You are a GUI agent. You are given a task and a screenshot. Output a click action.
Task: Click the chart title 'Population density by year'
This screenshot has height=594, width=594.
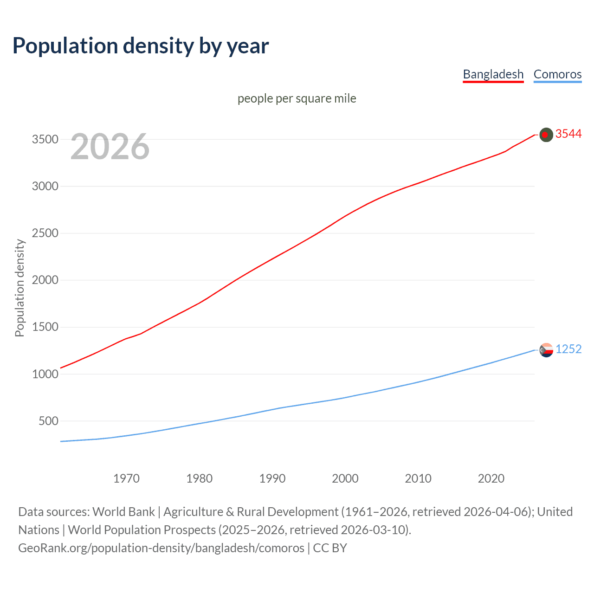pos(141,46)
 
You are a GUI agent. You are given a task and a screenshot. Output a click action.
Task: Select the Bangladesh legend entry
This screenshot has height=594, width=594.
pos(493,74)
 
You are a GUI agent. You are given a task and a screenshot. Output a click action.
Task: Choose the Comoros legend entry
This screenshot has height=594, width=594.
pos(557,74)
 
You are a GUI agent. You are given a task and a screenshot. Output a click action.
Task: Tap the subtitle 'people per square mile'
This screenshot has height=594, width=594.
pos(297,99)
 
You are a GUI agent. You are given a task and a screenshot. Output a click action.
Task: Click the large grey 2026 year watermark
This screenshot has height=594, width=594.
pos(110,147)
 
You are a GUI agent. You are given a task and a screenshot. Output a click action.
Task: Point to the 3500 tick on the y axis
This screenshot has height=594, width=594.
pos(45,140)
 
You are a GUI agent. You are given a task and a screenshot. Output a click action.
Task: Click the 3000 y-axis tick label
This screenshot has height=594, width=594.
pos(45,187)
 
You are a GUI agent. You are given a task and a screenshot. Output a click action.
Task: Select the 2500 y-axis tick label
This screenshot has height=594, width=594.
pos(45,233)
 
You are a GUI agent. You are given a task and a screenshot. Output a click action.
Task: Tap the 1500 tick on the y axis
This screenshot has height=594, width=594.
pos(45,327)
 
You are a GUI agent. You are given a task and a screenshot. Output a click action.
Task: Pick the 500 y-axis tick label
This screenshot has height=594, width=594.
pos(48,421)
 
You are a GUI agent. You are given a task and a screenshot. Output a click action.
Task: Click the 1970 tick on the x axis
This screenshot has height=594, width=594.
pos(126,478)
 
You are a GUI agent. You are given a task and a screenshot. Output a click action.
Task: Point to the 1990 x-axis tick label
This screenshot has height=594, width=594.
pos(272,478)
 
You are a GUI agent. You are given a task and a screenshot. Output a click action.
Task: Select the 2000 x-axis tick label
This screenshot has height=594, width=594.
pos(345,478)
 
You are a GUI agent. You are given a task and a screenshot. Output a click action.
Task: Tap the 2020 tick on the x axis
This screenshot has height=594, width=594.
pos(491,478)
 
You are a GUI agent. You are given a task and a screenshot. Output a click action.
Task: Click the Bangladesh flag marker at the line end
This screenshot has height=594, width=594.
pos(546,135)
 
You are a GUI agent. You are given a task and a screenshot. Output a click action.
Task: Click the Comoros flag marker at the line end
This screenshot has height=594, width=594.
pos(546,350)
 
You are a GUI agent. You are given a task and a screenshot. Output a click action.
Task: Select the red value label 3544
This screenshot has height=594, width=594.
pos(568,134)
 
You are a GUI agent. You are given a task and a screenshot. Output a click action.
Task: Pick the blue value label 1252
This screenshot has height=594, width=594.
pos(568,349)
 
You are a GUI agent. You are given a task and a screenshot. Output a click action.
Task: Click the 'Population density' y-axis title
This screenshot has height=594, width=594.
pos(19,288)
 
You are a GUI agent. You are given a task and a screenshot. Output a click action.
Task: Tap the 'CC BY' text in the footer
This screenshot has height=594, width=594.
pos(330,548)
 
